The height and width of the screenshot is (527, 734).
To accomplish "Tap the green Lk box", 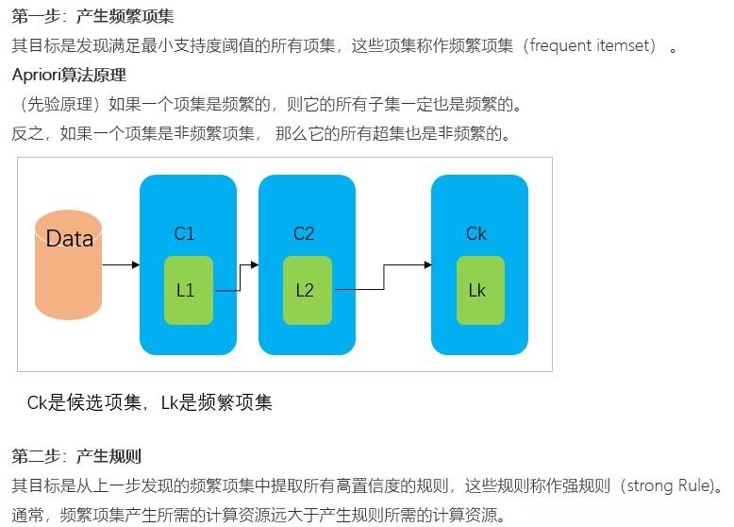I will point(478,290).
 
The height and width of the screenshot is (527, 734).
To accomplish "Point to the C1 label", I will point(185,233).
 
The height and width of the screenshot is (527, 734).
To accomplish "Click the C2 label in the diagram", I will point(304,233).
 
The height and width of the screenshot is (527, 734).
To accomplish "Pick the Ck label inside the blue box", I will point(476,233).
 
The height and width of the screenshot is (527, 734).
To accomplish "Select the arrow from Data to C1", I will point(120,265).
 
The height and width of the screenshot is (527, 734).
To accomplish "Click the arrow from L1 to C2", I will point(237,279).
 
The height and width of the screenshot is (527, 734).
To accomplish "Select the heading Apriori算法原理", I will point(69,75).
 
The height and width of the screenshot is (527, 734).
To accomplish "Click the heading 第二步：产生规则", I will point(76,457).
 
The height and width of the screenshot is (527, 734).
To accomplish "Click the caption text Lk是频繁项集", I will point(216,403).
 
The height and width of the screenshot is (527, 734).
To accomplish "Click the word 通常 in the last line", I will point(26,516).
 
